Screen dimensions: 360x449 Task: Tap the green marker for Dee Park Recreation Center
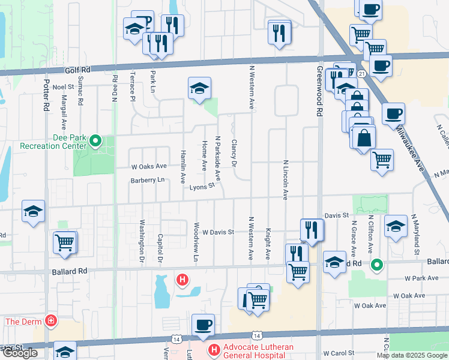(95, 142)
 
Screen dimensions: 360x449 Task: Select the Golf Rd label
(77, 70)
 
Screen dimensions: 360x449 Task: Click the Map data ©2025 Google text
(412, 355)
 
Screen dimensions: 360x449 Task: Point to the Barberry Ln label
(147, 180)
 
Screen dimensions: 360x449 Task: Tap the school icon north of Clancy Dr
(199, 88)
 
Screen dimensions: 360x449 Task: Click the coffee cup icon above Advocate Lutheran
(203, 325)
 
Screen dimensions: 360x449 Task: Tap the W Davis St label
(217, 232)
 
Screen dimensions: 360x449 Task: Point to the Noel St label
(63, 87)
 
